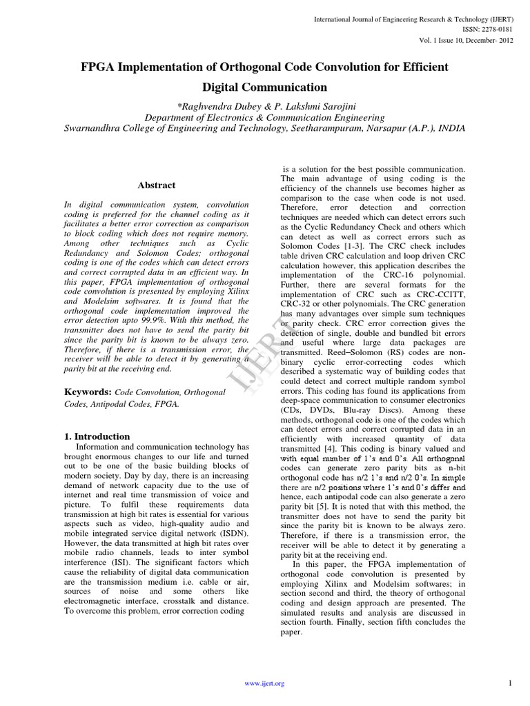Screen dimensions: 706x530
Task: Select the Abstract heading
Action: point(155,185)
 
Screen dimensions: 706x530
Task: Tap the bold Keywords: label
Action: point(88,391)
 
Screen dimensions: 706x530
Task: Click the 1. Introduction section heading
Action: point(97,436)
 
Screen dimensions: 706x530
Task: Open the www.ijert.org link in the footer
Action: point(265,683)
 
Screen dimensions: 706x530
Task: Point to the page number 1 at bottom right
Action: point(509,683)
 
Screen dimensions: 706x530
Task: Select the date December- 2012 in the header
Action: point(487,41)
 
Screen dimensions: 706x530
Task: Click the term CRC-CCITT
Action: point(440,294)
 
